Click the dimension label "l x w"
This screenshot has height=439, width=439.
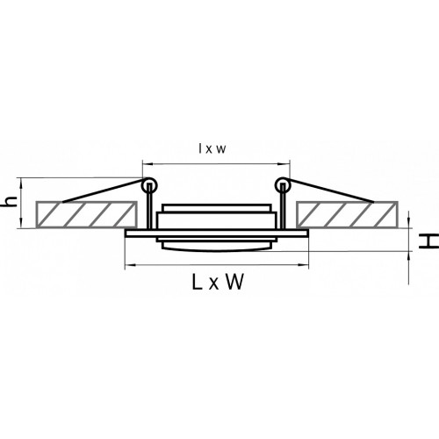(212, 149)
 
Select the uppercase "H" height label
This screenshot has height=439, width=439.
(428, 241)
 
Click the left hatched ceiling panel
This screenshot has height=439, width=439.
(86, 214)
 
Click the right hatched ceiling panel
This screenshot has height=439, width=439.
(347, 214)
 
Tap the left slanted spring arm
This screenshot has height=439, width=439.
(103, 191)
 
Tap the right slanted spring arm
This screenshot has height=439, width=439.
(331, 191)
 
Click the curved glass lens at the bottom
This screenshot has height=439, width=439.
(216, 249)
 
